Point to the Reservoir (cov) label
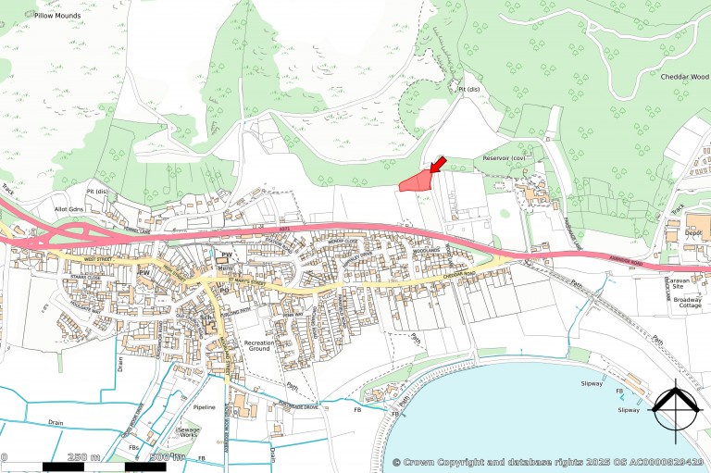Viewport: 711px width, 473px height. coord(504,159)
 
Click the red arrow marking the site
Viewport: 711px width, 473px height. coord(437,164)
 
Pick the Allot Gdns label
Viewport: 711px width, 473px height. coord(70,210)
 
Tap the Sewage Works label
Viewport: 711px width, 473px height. coord(189,431)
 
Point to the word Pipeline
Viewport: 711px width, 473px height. coord(204,407)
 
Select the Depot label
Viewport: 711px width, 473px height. coord(694,236)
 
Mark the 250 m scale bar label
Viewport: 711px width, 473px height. coord(84,456)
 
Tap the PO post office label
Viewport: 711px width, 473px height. coord(224,289)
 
